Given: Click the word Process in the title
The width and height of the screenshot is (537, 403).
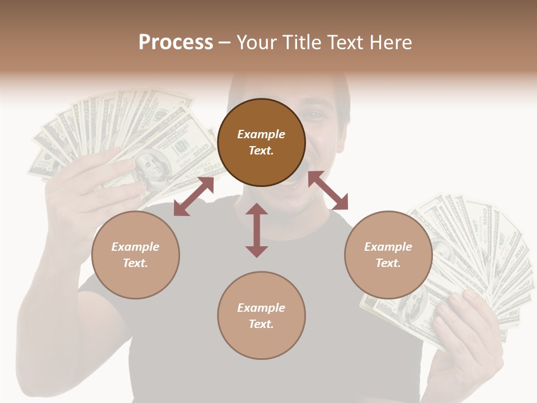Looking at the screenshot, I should pyautogui.click(x=176, y=43).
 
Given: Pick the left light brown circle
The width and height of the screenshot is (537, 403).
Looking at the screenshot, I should pyautogui.click(x=135, y=255).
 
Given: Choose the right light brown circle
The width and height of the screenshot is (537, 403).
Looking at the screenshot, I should pyautogui.click(x=388, y=255).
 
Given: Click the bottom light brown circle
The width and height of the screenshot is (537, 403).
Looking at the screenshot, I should pyautogui.click(x=261, y=315).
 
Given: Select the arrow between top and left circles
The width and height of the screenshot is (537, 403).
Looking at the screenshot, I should pyautogui.click(x=194, y=196).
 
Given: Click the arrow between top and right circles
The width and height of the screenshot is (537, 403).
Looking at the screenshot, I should pyautogui.click(x=328, y=190).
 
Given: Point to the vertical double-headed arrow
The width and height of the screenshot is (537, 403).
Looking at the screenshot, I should pyautogui.click(x=257, y=230).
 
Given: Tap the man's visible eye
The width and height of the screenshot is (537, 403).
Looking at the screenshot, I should pyautogui.click(x=316, y=115).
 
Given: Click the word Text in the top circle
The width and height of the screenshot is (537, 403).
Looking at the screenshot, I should pyautogui.click(x=261, y=151).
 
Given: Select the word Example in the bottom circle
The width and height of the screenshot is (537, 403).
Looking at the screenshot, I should pyautogui.click(x=261, y=307).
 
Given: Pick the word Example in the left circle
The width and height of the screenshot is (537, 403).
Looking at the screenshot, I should pyautogui.click(x=135, y=246).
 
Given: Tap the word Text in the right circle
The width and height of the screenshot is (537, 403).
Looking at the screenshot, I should pyautogui.click(x=388, y=263).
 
